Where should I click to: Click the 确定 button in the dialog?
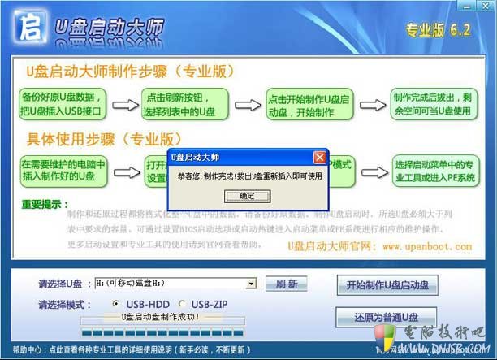pos(247,196)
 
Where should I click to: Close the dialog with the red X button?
pos(319,156)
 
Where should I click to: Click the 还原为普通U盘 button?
pos(386,316)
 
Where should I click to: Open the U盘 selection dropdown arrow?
pos(252,284)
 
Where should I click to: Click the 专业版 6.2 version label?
pos(439,31)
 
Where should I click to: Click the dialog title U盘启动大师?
pos(195,156)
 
